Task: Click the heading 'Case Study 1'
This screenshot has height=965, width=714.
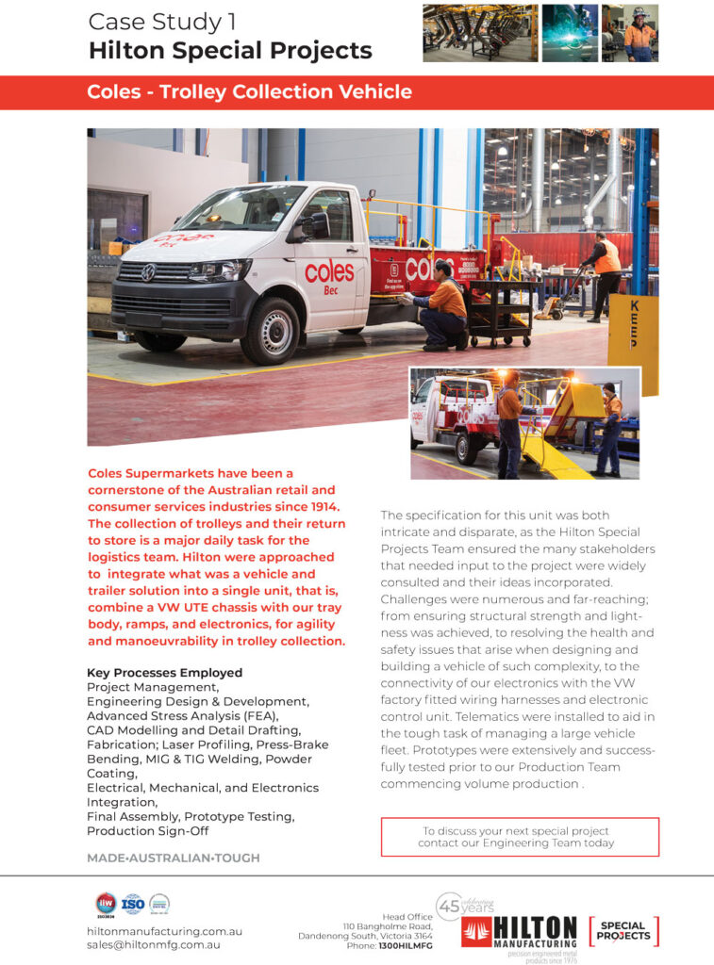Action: (162, 21)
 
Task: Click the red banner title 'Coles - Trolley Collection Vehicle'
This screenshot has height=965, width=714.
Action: (249, 92)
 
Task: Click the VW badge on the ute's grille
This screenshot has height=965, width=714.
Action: (148, 272)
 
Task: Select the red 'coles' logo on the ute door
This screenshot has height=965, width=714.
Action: (329, 272)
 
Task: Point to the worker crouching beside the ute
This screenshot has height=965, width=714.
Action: (441, 303)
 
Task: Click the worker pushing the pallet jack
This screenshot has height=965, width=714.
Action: (603, 274)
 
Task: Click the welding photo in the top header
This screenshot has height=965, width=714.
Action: (569, 33)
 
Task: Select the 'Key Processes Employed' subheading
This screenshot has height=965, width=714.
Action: (164, 673)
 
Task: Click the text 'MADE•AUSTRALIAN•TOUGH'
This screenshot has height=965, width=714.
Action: (173, 859)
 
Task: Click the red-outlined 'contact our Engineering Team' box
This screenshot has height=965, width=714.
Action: (519, 837)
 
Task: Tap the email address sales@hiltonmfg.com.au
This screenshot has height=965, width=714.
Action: (154, 944)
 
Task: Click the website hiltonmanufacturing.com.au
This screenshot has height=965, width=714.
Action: (164, 931)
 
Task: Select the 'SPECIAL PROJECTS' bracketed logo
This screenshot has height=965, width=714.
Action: (623, 931)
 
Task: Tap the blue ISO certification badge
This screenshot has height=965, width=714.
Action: (133, 905)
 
